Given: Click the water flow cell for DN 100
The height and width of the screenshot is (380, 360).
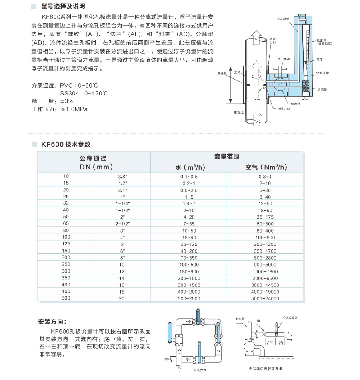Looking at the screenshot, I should pyautogui.click(x=189, y=237).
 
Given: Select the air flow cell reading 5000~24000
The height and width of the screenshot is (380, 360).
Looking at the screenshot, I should pyautogui.click(x=265, y=298).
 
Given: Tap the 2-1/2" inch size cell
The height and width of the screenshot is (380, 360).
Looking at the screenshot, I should pyautogui.click(x=121, y=223).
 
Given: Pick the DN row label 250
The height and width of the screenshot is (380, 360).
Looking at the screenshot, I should pyautogui.click(x=66, y=264).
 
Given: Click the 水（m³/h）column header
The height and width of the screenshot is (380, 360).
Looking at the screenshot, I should pyautogui.click(x=189, y=167).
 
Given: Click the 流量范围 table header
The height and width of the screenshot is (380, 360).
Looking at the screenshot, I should pyautogui.click(x=227, y=156).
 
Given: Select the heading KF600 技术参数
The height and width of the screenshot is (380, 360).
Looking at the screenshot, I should pyautogui.click(x=66, y=144).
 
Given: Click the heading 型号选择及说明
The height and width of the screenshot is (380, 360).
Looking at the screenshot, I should pyautogui.click(x=63, y=7).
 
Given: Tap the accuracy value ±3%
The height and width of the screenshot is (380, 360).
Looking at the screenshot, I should pyautogui.click(x=67, y=101).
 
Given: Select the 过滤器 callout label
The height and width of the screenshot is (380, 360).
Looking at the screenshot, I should pyautogui.click(x=322, y=90).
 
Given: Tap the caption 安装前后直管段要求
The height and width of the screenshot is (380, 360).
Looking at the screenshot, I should pyautogui.click(x=266, y=368).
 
